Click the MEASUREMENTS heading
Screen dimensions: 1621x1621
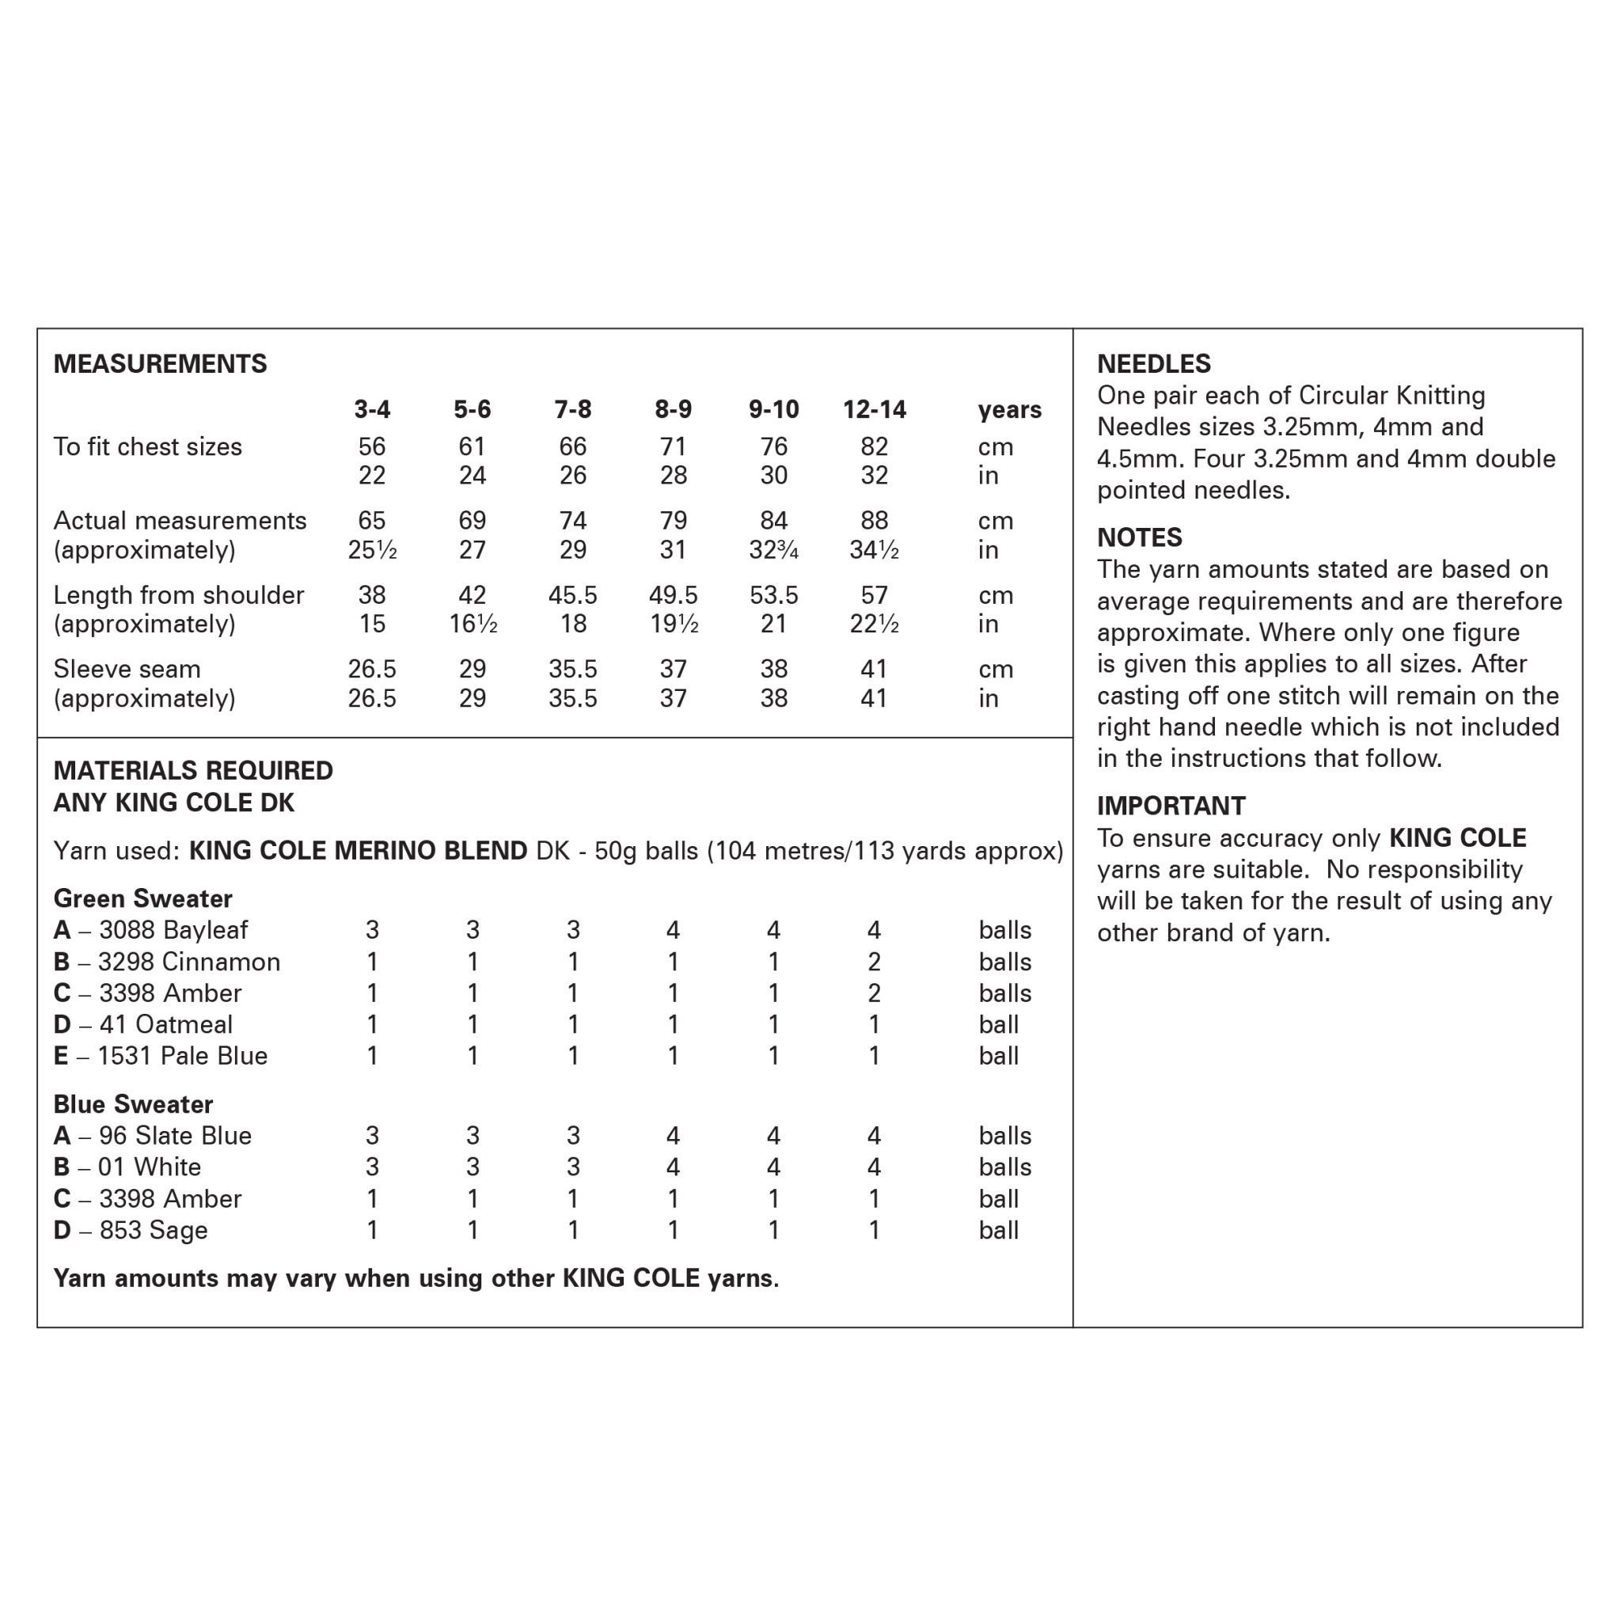159,363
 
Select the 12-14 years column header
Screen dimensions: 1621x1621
874,409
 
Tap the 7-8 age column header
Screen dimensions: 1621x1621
572,409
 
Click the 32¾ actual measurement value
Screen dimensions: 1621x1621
773,549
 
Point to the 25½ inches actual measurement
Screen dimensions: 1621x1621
372,549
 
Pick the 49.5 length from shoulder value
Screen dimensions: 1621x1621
673,595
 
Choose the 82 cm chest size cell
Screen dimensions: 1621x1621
874,446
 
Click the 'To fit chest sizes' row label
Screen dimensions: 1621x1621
148,446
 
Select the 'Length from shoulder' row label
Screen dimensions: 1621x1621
179,595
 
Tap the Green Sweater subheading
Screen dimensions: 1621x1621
142,898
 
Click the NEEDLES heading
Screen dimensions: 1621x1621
1154,363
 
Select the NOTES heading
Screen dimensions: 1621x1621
1140,537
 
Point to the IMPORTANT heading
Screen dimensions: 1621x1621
1171,806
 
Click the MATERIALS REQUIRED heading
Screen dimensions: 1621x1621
193,770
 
